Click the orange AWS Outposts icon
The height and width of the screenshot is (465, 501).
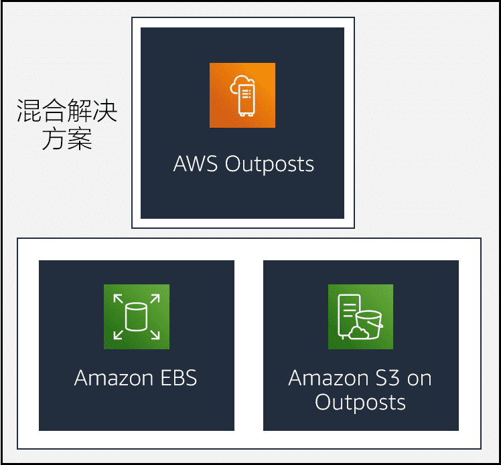[242, 95]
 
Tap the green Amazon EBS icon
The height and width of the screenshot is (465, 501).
[137, 316]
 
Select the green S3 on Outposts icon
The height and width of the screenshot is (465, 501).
[360, 316]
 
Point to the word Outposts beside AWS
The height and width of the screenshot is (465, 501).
[269, 164]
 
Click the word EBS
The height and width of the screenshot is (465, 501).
[177, 378]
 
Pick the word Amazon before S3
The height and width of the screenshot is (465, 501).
[325, 378]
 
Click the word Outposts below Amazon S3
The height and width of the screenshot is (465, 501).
[360, 402]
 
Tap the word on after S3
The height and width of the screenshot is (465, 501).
[419, 379]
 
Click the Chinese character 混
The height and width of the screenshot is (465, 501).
[29, 112]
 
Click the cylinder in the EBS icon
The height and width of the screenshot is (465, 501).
[137, 316]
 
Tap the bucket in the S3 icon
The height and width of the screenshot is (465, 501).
[369, 324]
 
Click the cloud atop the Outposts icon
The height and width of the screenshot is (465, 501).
[242, 83]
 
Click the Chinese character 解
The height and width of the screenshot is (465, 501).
[80, 112]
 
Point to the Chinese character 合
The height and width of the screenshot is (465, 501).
[54, 112]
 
